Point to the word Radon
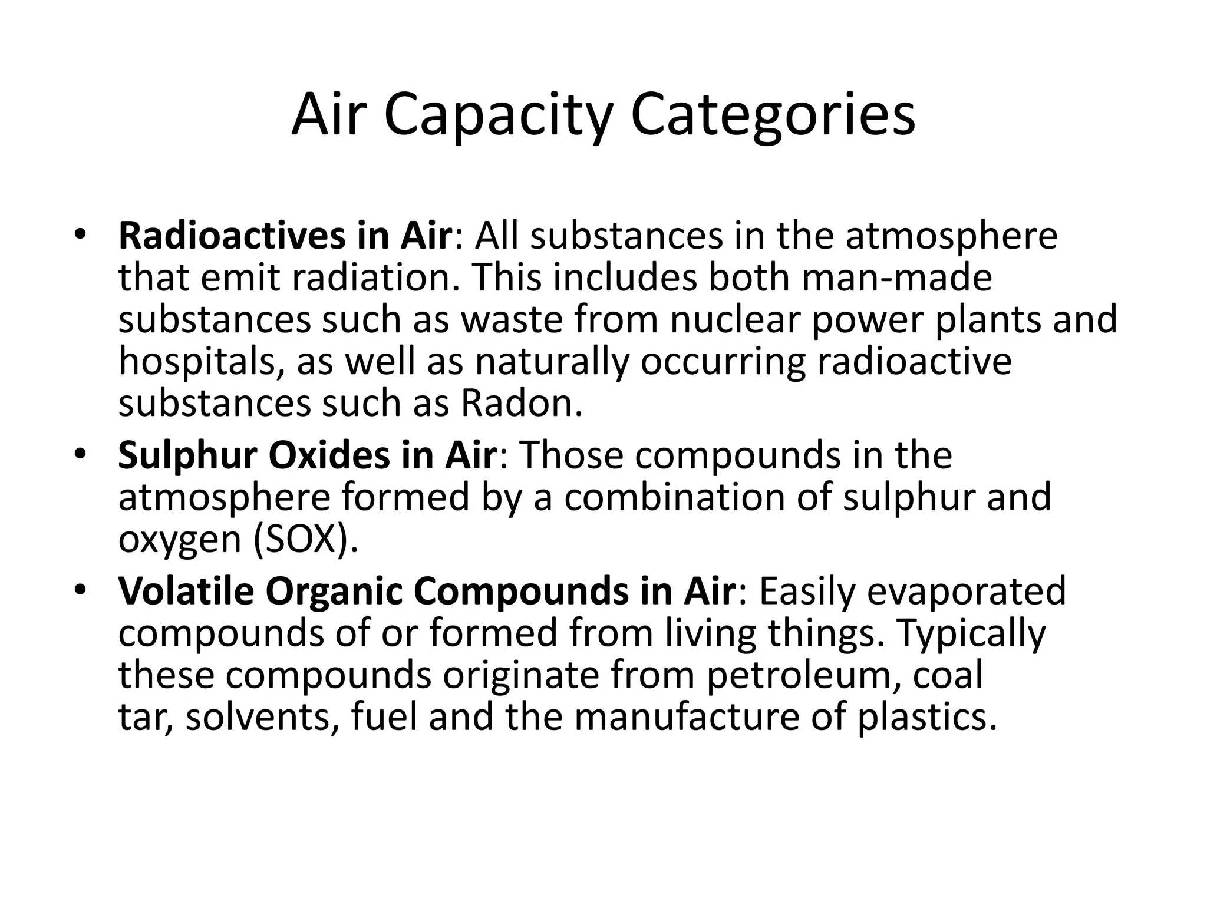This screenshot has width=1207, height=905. [x=521, y=404]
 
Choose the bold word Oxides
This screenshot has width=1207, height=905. [x=329, y=455]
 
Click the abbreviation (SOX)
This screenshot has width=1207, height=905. [x=305, y=539]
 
